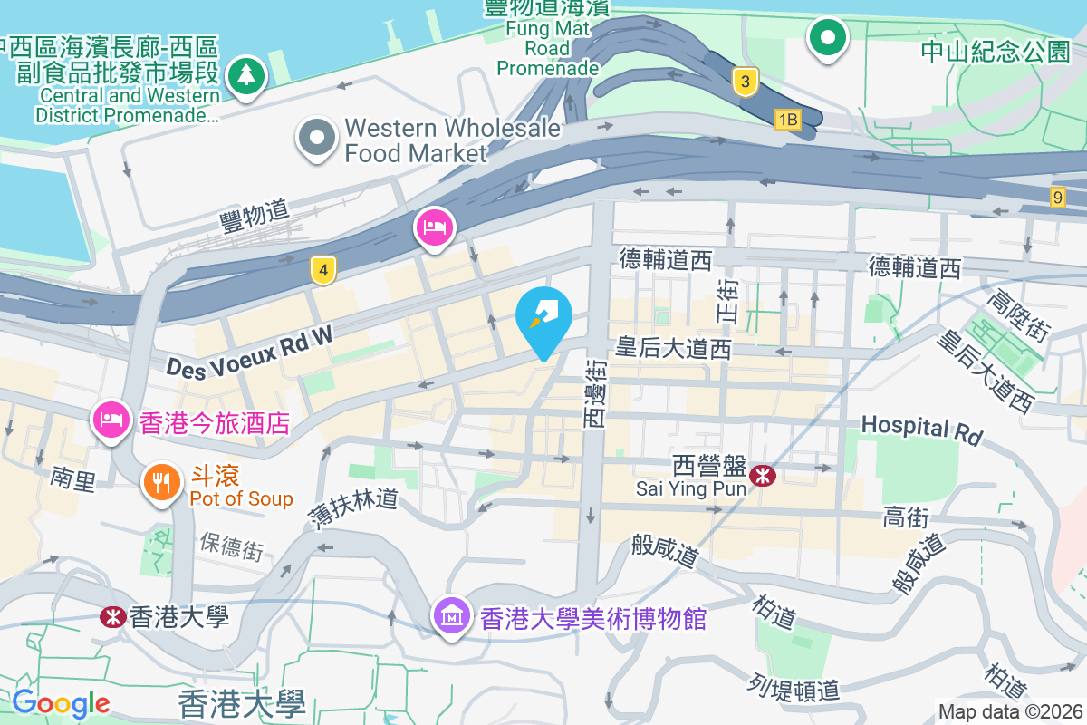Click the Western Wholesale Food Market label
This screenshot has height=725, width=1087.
[452, 140]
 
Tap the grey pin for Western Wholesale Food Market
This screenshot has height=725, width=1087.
[318, 139]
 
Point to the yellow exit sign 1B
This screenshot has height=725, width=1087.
[787, 119]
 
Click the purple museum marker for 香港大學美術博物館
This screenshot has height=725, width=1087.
[451, 616]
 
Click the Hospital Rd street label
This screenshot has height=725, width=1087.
[921, 430]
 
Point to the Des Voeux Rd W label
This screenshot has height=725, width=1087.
[249, 352]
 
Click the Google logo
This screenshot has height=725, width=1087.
[61, 702]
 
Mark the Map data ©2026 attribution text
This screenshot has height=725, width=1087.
[1010, 711]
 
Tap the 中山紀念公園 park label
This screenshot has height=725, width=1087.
[996, 52]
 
